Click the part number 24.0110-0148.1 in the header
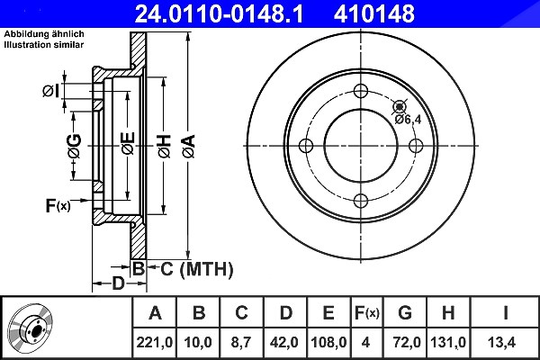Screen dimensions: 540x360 [x=219, y=13]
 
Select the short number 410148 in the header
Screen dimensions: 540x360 [x=374, y=13]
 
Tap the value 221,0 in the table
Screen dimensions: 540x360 [x=154, y=342]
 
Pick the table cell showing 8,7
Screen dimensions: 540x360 [x=241, y=342]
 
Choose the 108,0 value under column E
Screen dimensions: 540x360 [x=328, y=342]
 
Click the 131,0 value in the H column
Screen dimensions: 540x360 [x=448, y=342]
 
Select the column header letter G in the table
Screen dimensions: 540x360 [x=405, y=313]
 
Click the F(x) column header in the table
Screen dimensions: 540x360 [x=367, y=313]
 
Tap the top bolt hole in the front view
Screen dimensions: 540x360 [x=361, y=91]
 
